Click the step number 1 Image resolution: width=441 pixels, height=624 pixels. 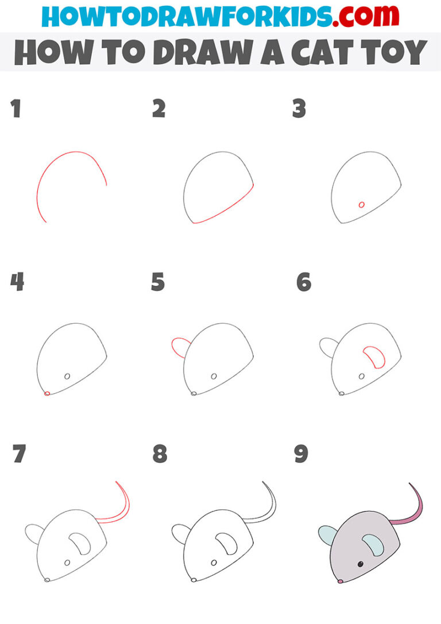16,108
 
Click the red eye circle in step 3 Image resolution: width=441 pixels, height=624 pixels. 361,204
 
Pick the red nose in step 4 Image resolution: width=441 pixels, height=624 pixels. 47,393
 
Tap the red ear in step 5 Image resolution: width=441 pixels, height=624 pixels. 180,347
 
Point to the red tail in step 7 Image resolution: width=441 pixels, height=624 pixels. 124,505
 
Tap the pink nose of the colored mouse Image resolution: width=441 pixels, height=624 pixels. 340,582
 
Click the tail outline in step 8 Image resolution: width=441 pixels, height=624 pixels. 271,505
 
